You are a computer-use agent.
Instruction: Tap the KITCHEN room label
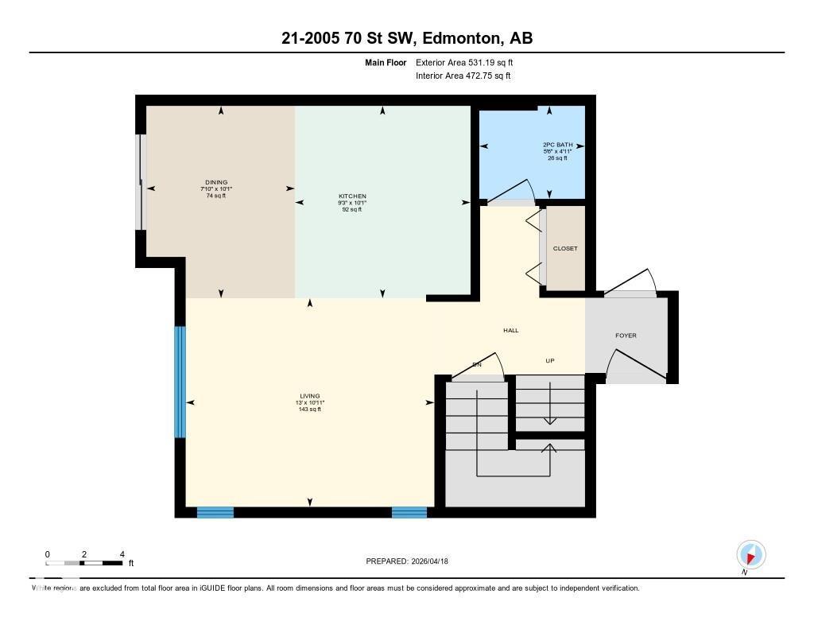(x=352, y=196)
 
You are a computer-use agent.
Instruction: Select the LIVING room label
(x=309, y=396)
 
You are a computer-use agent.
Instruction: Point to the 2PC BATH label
(x=557, y=145)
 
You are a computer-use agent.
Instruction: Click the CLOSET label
(x=565, y=249)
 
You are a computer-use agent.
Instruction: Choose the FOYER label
(x=626, y=336)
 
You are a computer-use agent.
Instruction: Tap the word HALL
(x=510, y=330)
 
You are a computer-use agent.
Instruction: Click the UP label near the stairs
(x=549, y=361)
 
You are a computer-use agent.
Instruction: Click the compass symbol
(x=750, y=554)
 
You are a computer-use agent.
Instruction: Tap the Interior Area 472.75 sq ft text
(x=463, y=76)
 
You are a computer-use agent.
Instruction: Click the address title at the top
(x=406, y=38)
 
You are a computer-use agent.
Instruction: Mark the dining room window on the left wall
(x=141, y=182)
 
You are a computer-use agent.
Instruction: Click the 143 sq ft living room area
(x=309, y=410)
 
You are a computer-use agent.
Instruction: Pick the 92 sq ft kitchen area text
(x=352, y=210)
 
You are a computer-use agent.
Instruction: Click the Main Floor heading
(x=386, y=62)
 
